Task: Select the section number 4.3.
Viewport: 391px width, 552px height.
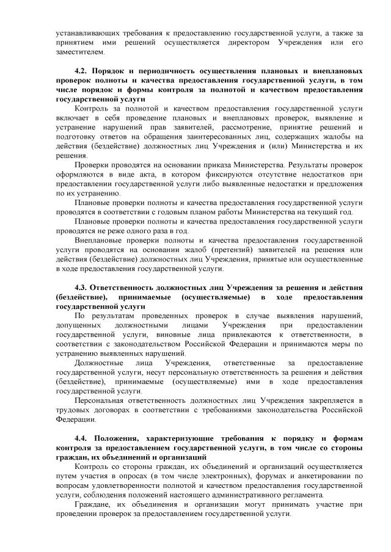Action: (81, 287)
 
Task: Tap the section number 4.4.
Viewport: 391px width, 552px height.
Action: (81, 438)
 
